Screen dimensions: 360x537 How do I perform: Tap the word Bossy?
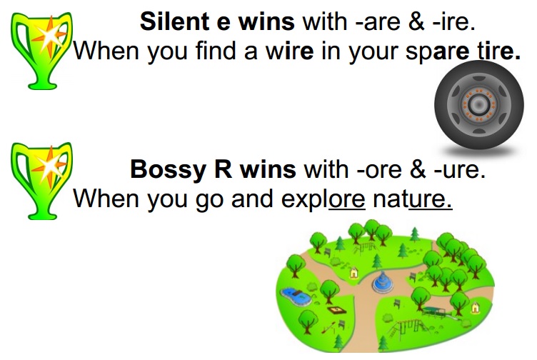pyautogui.click(x=163, y=170)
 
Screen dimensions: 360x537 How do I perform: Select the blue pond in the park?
pyautogui.click(x=293, y=294)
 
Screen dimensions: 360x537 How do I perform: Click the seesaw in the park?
pyautogui.click(x=329, y=328)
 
